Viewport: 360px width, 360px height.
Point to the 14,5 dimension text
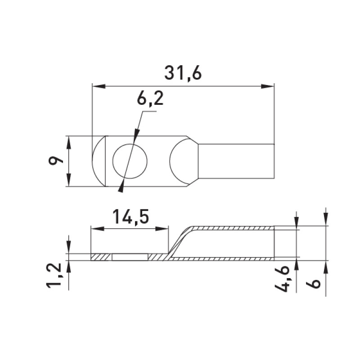pyautogui.click(x=130, y=217)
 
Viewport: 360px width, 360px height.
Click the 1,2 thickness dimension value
pyautogui.click(x=54, y=275)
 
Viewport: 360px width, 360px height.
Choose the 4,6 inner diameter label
pyautogui.click(x=282, y=279)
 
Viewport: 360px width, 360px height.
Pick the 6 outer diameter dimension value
pyautogui.click(x=313, y=283)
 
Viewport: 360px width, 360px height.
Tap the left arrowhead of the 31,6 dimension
pyautogui.click(x=99, y=86)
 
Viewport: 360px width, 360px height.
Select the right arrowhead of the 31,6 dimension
pyautogui.click(x=268, y=86)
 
